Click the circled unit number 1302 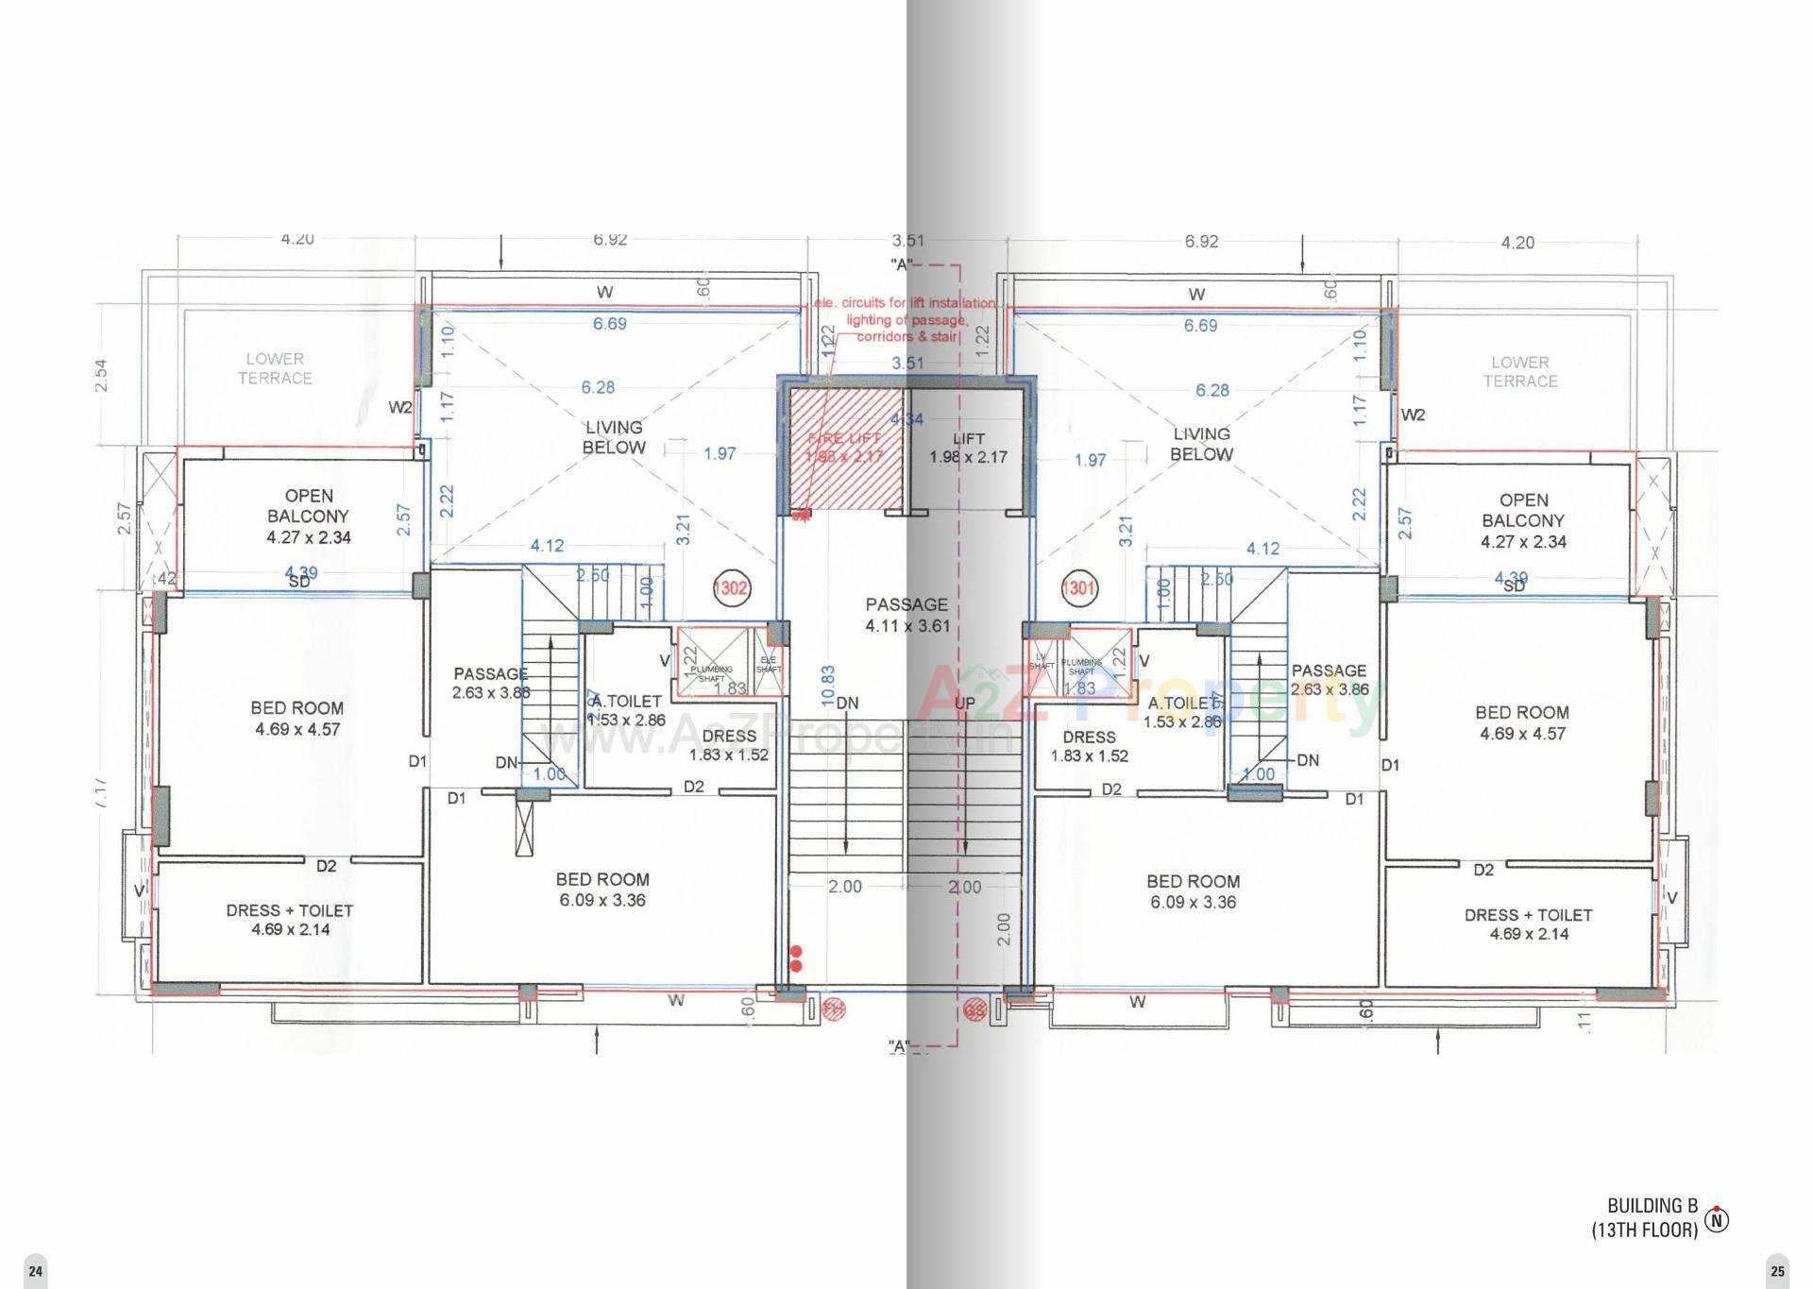(x=732, y=587)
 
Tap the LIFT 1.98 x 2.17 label (x=968, y=448)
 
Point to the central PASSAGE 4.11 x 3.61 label (x=906, y=615)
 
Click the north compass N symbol (x=1718, y=1220)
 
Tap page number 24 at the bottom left (x=35, y=1271)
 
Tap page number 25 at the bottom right (x=1777, y=1271)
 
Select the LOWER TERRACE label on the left (x=275, y=368)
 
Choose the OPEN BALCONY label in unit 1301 (x=1523, y=520)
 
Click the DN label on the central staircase (x=847, y=703)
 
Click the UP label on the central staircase (x=964, y=703)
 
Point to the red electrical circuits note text (x=905, y=319)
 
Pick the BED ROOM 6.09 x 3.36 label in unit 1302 (x=602, y=890)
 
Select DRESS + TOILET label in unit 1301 (x=1528, y=924)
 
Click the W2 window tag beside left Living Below (x=400, y=408)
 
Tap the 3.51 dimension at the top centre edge (x=907, y=241)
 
